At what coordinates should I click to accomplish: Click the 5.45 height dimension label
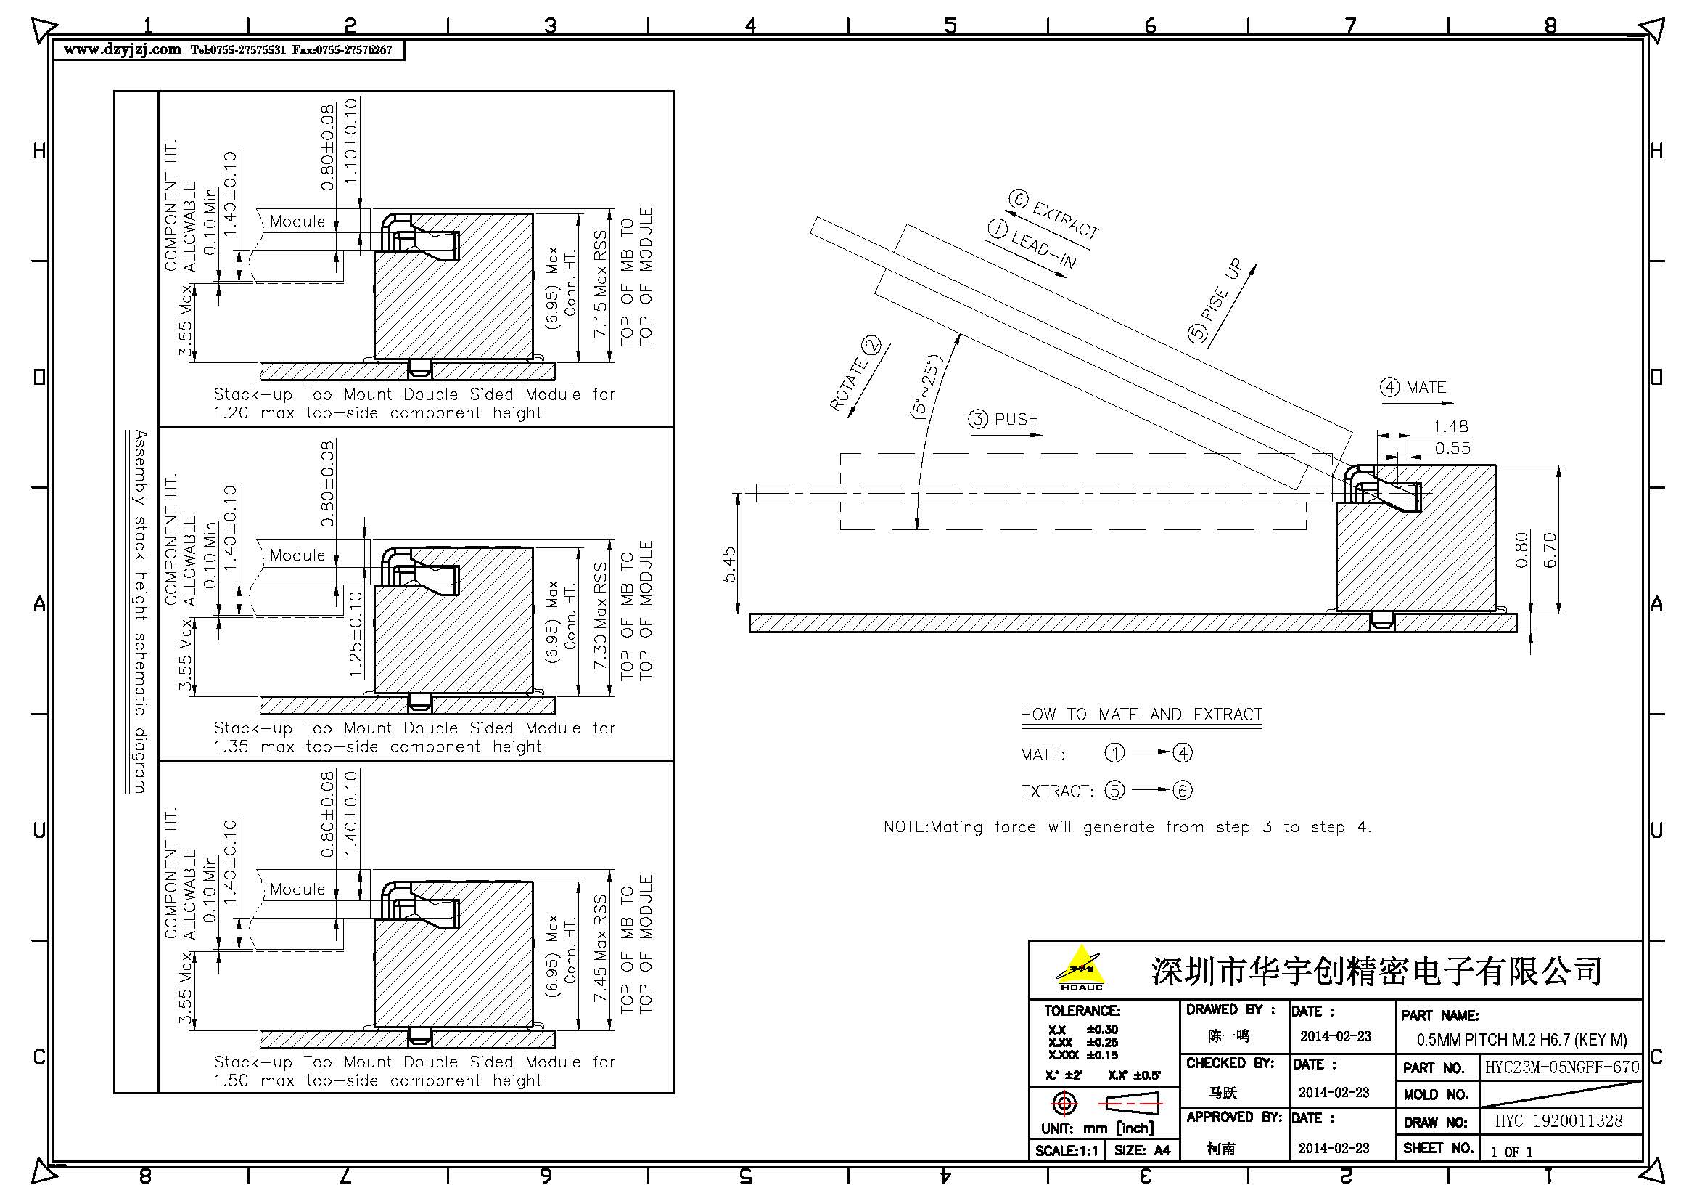pos(728,564)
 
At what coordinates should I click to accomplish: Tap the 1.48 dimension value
pos(1450,427)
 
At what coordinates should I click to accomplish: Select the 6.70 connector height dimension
pos(1550,550)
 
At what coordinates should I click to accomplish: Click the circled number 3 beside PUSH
pos(978,419)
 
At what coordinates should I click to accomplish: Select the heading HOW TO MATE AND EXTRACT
pos(1141,715)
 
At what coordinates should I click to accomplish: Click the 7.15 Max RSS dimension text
pos(600,284)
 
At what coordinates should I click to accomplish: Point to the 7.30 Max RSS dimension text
pos(600,616)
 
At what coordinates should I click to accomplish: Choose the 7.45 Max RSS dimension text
pos(600,950)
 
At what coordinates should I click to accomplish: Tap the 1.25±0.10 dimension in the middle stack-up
pos(356,634)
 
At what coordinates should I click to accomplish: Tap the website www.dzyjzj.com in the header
pos(123,49)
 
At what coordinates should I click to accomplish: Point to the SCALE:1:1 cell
pos(1067,1151)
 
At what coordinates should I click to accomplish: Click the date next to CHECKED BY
pos(1334,1092)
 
